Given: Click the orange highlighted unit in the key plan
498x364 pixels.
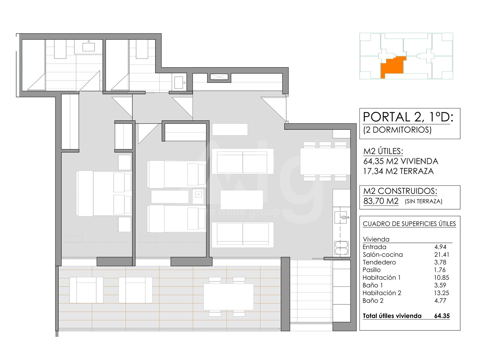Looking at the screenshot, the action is [x=393, y=67].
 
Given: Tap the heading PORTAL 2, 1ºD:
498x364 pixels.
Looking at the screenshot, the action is [x=408, y=117].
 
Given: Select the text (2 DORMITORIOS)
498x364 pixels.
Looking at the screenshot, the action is [x=397, y=130].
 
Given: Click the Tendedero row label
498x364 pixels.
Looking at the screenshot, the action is [x=379, y=262].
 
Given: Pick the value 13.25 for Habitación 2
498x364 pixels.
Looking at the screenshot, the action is [x=442, y=293].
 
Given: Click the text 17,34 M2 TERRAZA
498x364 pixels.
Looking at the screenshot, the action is [x=398, y=171].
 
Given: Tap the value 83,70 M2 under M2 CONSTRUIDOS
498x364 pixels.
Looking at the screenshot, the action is [x=381, y=201].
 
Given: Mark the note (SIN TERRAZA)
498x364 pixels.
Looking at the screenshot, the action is [x=424, y=201].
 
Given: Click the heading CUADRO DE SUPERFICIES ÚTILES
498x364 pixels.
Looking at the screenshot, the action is [x=409, y=224].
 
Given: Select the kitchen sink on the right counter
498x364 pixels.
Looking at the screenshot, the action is [x=342, y=218].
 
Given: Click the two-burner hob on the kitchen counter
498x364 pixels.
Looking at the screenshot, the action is [x=341, y=248].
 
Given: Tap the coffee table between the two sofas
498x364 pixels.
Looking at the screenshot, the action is [x=242, y=200].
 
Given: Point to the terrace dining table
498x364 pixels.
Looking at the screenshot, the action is [x=229, y=297].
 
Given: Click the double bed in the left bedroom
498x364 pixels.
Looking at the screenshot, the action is [x=104, y=193].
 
